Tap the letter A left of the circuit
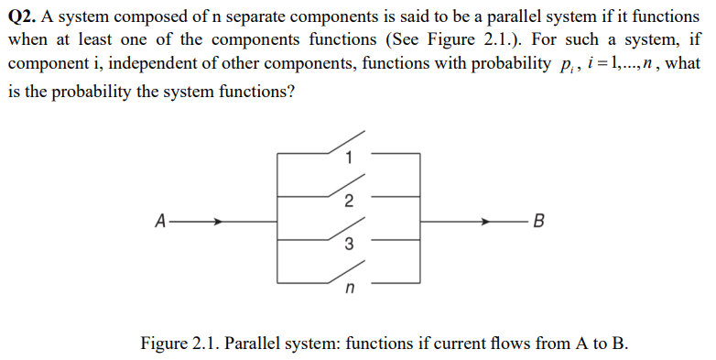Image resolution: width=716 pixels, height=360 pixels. point(161,221)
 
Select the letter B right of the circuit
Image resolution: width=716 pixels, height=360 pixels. point(538,221)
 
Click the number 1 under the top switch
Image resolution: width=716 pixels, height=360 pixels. point(347,158)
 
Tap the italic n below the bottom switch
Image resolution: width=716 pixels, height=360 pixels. point(348,290)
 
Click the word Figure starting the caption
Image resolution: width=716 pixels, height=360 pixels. point(164,344)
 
